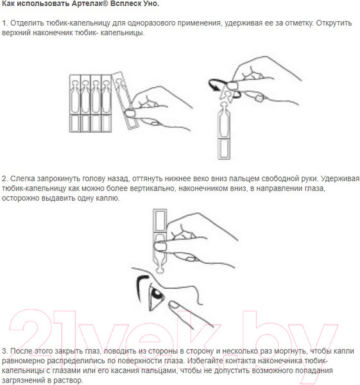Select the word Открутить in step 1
click(x=334, y=23)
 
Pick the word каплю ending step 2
click(x=109, y=198)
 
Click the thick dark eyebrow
click(x=139, y=284)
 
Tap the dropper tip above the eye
click(x=159, y=269)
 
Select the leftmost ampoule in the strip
click(x=74, y=103)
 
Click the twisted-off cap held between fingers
click(x=228, y=95)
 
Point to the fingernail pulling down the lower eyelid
click(x=174, y=305)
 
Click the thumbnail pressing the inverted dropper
click(x=160, y=246)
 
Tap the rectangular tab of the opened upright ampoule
click(x=224, y=149)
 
